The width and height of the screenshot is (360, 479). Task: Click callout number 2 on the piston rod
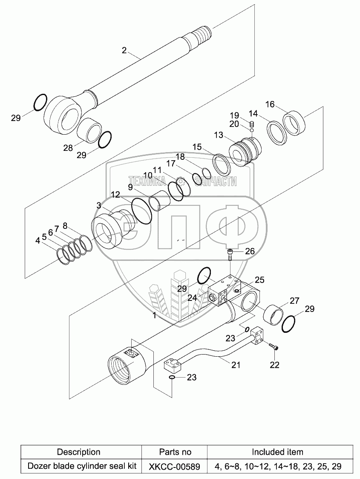[x=124, y=50]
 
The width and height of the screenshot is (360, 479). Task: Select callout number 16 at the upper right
[x=270, y=104]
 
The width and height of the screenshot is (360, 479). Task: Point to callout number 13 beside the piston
[x=219, y=135]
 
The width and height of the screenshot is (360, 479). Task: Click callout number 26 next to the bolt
[x=250, y=251]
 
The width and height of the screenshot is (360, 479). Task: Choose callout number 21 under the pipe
[x=236, y=364]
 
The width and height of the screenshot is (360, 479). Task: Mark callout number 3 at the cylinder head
[x=98, y=205]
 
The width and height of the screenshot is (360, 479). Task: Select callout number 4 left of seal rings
[x=38, y=240]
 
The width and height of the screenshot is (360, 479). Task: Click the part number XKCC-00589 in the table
[x=175, y=466]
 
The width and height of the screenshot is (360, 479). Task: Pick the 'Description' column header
[x=78, y=452]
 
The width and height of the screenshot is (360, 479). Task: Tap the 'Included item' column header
[x=277, y=452]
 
